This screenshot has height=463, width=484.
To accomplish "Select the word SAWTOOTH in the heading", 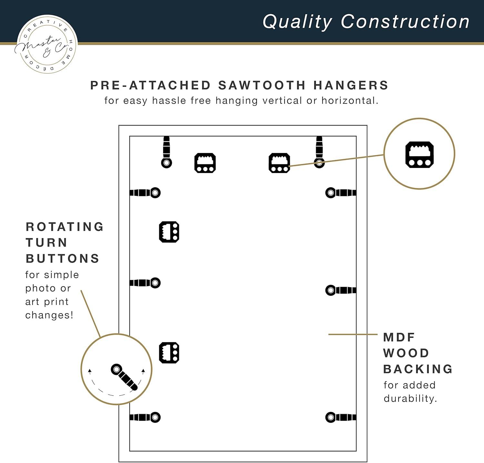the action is coord(262,85).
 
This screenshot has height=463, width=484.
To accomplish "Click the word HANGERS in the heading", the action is coord(351,85).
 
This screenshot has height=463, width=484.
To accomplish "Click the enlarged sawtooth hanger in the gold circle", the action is coord(419,155).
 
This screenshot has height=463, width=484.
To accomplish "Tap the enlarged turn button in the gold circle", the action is coord(124,377).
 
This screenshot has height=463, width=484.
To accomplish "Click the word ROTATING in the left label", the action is coord(65,227).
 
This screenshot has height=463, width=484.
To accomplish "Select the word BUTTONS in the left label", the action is coord(63,259).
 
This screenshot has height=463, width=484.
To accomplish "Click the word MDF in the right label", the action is coord(399,337).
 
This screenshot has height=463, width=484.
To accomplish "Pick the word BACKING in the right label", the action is coord(418,369).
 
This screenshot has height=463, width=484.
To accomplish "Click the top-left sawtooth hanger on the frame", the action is coord(205,163).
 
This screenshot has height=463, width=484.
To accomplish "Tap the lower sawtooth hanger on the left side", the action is coord(169,353).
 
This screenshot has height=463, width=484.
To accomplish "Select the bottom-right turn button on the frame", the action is coord(341,417).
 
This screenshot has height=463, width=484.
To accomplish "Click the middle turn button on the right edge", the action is coord(341,290).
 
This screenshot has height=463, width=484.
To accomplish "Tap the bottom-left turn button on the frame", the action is coord(145,417).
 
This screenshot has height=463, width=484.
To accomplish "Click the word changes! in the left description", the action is coord(49,315).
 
